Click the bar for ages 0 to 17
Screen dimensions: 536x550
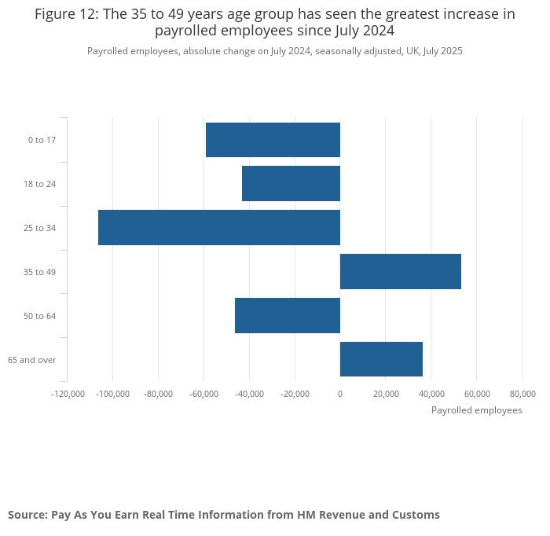(273, 140)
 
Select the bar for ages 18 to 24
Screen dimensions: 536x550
(291, 184)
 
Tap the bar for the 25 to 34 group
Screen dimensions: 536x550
(219, 228)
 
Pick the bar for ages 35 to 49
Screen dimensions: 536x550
(400, 272)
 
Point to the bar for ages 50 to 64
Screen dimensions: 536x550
(288, 316)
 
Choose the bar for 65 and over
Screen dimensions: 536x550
(381, 359)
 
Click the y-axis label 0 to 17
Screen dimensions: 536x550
(42, 140)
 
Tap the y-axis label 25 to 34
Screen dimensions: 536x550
(40, 228)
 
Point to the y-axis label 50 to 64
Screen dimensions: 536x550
(40, 316)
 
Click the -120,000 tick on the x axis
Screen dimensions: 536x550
(68, 393)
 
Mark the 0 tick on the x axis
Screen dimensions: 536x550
(340, 393)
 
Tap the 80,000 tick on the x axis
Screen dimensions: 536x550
(522, 393)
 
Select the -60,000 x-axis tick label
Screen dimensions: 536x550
(203, 393)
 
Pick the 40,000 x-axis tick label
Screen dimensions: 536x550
(431, 393)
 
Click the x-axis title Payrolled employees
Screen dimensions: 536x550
(476, 410)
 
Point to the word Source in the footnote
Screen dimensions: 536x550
(27, 515)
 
